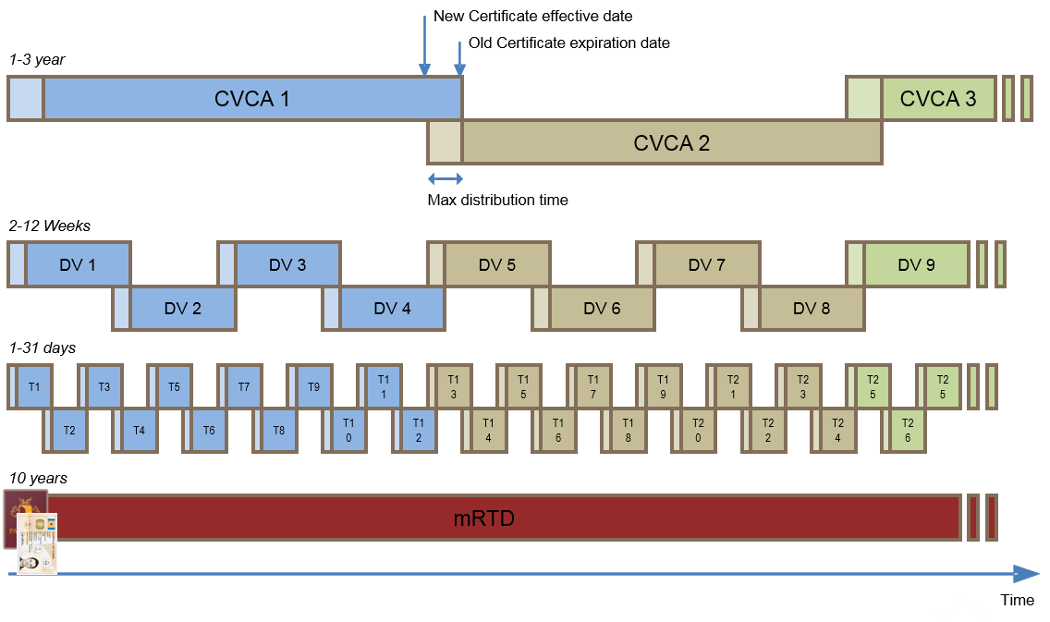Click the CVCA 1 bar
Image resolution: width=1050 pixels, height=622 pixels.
[252, 98]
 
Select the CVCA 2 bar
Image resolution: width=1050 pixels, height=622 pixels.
[671, 142]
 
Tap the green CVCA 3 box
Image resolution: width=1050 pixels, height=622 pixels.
[937, 98]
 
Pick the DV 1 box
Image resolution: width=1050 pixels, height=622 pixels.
[78, 264]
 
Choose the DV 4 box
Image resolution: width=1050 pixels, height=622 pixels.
[392, 308]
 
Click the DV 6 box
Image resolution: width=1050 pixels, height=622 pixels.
[602, 308]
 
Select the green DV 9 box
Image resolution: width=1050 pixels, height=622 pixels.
[916, 264]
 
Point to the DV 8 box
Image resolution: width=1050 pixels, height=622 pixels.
[812, 308]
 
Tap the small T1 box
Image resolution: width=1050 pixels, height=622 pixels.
[34, 385]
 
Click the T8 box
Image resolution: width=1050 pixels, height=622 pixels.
[279, 430]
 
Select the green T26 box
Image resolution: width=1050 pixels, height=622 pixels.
[908, 430]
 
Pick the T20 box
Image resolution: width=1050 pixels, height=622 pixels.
[698, 430]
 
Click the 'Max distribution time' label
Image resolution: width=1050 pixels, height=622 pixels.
[497, 200]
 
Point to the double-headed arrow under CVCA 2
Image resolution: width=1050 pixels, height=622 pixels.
[445, 178]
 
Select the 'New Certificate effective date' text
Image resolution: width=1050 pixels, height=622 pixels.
[532, 17]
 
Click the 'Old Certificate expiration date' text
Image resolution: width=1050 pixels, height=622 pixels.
[568, 43]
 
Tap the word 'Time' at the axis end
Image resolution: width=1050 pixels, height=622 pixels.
[1017, 600]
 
